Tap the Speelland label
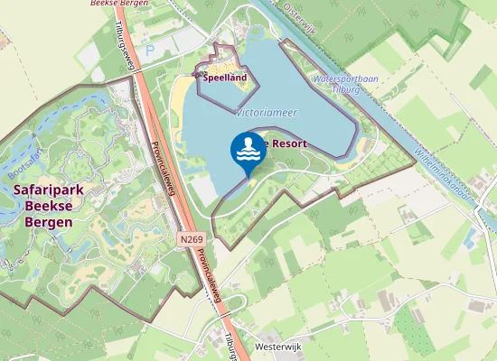click(x=224, y=78)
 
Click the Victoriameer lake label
click(x=266, y=113)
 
